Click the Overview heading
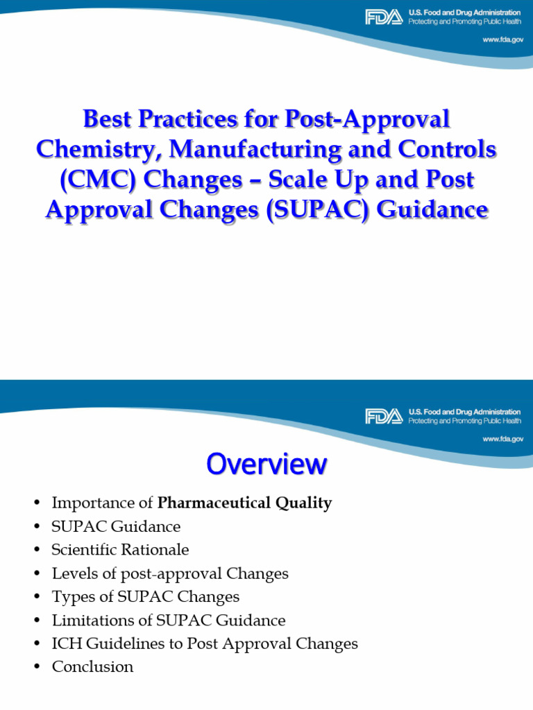(x=266, y=464)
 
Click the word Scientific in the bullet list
(x=83, y=550)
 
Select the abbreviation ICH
(x=65, y=643)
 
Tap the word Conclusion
(x=92, y=667)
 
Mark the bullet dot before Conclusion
(x=37, y=668)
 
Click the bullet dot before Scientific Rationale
(x=37, y=551)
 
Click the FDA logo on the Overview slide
(x=383, y=416)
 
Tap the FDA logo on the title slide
(x=383, y=17)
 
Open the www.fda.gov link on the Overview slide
(x=502, y=439)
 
